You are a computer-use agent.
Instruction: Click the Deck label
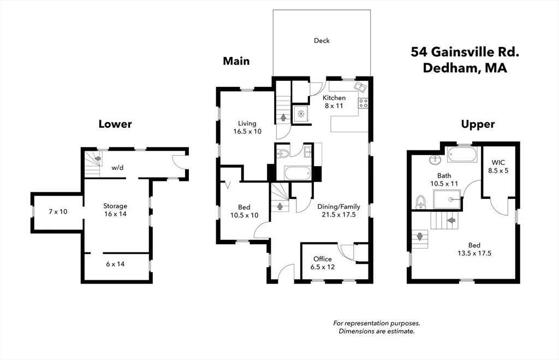pos(322,40)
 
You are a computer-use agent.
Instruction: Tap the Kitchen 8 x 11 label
pos(334,102)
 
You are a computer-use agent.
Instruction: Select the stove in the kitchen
pos(363,103)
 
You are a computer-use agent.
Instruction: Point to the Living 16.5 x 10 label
pos(247,127)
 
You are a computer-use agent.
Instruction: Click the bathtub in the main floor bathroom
pos(298,174)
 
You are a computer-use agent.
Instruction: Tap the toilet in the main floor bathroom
pos(283,154)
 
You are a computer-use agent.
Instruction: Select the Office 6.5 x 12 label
pos(323,263)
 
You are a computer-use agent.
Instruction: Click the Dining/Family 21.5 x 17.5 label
pos(338,210)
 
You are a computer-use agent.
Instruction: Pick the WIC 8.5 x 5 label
pos(498,167)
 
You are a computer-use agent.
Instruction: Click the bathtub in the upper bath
pos(462,155)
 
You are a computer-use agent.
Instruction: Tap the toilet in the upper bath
pos(421,202)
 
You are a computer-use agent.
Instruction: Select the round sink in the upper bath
pos(435,160)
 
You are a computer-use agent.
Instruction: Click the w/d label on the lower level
pos(117,167)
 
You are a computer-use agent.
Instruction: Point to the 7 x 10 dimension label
pos(58,211)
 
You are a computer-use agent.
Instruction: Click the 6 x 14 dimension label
pos(115,264)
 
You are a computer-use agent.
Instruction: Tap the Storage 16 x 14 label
pos(115,210)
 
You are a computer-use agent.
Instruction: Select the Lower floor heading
pos(115,124)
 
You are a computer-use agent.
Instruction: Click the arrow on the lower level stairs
pos(97,158)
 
